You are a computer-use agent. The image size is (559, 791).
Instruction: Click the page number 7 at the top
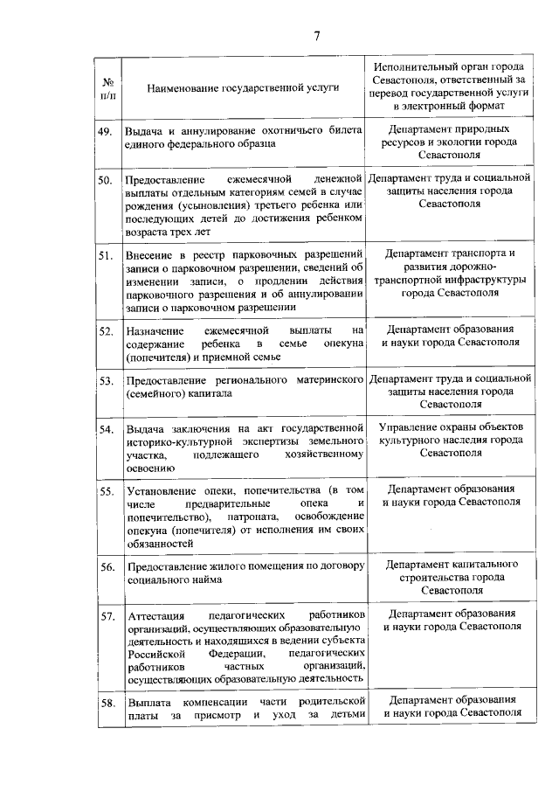317,35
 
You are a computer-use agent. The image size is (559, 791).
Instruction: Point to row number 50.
106,180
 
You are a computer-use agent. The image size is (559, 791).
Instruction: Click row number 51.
106,255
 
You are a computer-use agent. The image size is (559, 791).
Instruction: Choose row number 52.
106,331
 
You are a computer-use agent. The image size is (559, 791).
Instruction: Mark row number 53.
106,381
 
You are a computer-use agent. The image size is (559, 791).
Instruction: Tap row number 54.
106,430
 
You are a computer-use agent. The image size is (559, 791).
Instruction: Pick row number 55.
106,492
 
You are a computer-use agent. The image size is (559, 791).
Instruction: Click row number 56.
106,567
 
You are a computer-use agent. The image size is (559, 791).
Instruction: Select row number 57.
106,616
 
